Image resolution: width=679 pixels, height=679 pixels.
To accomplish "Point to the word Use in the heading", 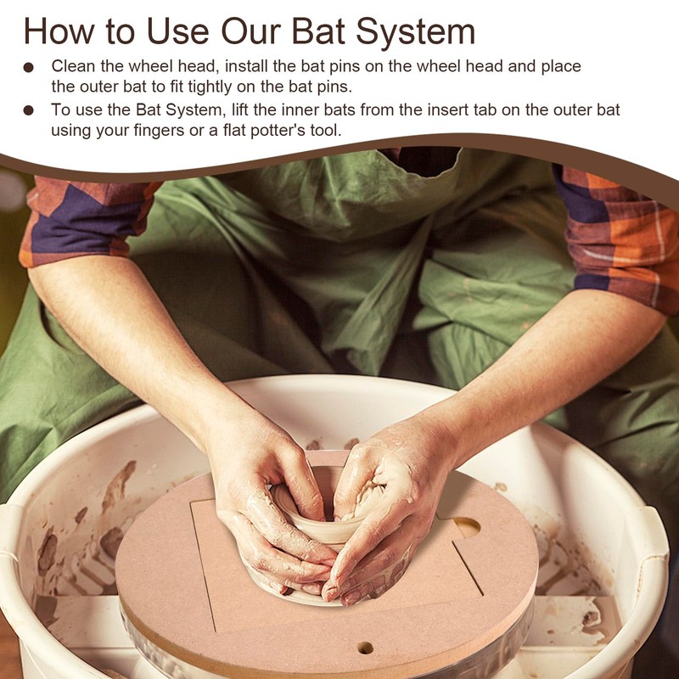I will coord(181,31).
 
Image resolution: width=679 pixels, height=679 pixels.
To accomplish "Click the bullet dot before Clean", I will coord(30,67).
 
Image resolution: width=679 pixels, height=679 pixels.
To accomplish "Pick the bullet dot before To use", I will coord(30,110).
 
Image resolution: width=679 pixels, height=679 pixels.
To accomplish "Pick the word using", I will coord(73,132).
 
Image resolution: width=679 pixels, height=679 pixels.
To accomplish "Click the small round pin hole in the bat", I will coord(365,648).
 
